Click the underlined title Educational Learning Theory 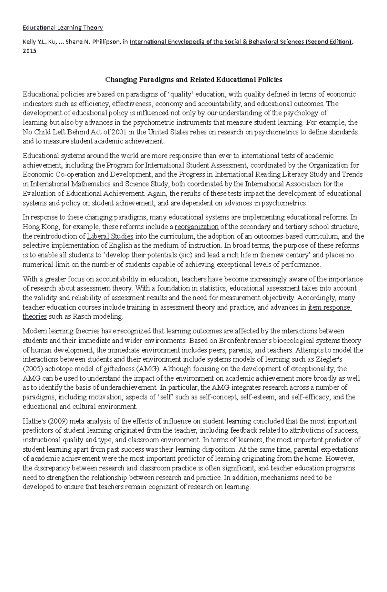click(63, 28)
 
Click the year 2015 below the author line click(29, 51)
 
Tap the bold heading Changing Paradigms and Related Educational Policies click(193, 79)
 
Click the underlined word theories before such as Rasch click(35, 317)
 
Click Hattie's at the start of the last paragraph click(32, 421)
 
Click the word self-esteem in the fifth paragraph click(258, 397)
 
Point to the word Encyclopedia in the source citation click(185, 42)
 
